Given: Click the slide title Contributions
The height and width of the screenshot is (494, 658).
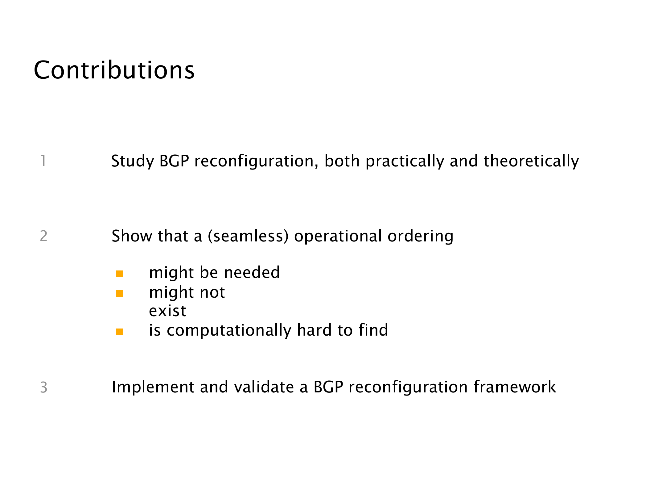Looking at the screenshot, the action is [114, 70].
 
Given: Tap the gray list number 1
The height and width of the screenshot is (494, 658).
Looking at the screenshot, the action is [43, 161].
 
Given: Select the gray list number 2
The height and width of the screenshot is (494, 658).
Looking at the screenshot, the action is [43, 236].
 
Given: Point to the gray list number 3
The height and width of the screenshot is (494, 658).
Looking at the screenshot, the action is [44, 387].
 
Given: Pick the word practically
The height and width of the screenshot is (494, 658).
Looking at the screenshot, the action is [405, 161].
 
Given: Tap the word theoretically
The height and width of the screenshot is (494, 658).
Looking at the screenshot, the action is [531, 161].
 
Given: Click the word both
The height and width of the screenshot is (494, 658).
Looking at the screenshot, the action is [342, 161].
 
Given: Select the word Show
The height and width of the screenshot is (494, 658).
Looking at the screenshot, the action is [132, 236].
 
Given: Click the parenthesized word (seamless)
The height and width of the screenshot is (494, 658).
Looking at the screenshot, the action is [248, 236].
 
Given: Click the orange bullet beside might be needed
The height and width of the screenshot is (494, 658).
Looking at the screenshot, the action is [120, 274].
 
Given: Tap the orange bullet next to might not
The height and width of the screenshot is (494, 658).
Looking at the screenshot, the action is [120, 294].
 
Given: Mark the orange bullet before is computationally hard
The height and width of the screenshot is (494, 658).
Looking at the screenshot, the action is [120, 332].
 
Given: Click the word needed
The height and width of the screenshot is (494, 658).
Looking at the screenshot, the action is [252, 272].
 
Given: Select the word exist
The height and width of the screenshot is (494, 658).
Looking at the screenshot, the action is [167, 311].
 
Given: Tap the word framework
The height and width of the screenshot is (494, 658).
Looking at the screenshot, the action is [515, 387].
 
